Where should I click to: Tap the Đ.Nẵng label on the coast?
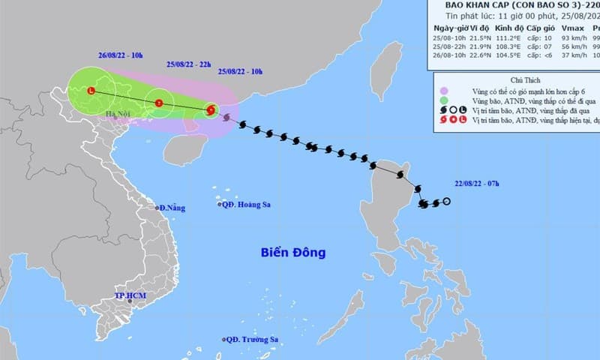pyautogui.click(x=170, y=207)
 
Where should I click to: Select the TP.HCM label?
pyautogui.click(x=130, y=296)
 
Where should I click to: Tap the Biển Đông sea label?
pyautogui.click(x=293, y=253)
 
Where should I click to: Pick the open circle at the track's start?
pyautogui.click(x=447, y=201)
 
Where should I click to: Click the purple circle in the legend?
pyautogui.click(x=444, y=89)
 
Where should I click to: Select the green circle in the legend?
pyautogui.click(x=444, y=100)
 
